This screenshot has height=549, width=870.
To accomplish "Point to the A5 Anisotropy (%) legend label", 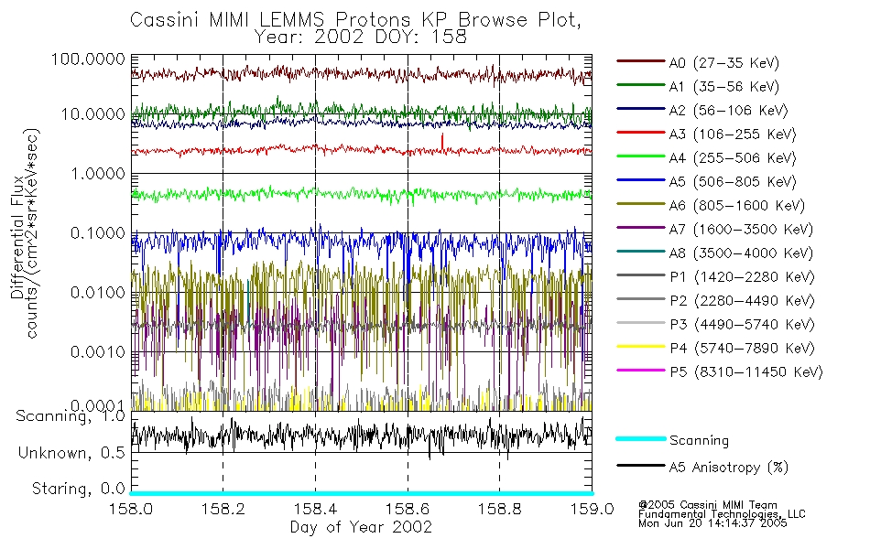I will pyautogui.click(x=729, y=468).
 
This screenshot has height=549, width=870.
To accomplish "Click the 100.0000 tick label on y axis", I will pyautogui.click(x=88, y=57).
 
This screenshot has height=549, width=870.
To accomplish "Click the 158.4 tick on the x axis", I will pyautogui.click(x=315, y=510).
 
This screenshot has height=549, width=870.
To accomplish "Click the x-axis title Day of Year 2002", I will pyautogui.click(x=361, y=527).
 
